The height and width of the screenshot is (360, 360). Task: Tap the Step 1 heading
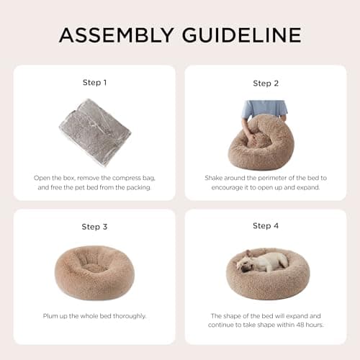(94, 83)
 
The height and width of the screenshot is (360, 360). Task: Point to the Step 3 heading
(94, 227)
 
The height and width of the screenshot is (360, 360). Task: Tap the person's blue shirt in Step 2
(265, 108)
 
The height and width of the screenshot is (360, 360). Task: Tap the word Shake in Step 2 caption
(212, 177)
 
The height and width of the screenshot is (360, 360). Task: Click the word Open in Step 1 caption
(42, 177)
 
